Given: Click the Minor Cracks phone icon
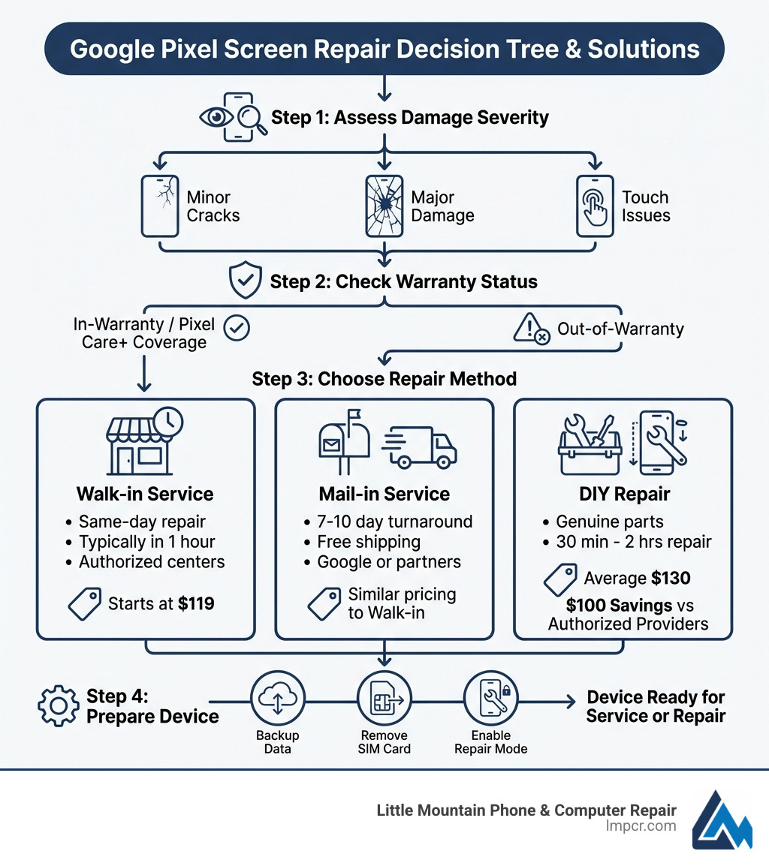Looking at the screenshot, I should pos(160,206).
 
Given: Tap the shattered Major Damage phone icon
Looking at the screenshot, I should pos(384,206).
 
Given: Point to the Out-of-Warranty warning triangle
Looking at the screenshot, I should pos(530,329).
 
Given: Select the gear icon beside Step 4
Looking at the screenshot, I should pos(57,705).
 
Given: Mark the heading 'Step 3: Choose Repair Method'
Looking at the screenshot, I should pos(384,378).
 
